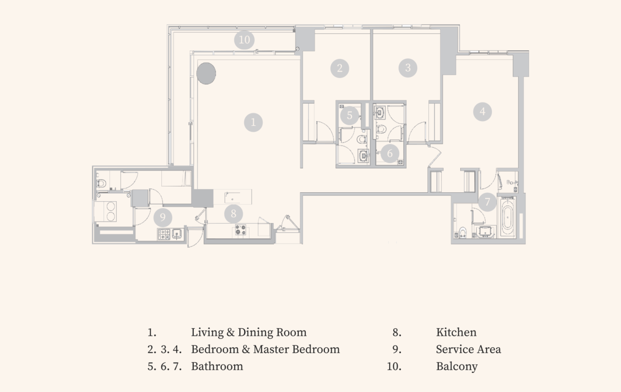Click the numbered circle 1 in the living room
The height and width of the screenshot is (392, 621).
[254, 123]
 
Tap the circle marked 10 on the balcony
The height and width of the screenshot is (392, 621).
[244, 40]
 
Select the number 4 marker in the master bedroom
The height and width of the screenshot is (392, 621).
[482, 112]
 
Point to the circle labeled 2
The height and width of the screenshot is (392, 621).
[339, 68]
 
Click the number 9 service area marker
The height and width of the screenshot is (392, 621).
[163, 217]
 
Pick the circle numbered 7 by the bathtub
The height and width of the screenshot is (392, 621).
[487, 202]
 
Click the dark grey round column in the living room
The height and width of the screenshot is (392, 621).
[206, 73]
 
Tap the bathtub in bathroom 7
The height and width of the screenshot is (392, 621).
[508, 217]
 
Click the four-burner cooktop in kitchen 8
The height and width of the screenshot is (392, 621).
[240, 229]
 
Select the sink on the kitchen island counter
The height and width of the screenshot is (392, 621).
[232, 196]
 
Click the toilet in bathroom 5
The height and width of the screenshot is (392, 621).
[361, 139]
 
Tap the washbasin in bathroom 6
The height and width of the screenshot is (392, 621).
[380, 113]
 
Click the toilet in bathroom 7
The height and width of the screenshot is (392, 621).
[462, 232]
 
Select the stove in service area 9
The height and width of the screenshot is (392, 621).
[165, 234]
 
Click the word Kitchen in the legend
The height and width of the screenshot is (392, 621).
[456, 332]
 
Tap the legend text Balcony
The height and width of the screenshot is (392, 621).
[456, 366]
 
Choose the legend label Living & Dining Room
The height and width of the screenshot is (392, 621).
[249, 332]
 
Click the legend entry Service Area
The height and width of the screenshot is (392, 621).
[468, 349]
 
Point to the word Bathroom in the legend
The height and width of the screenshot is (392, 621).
[217, 366]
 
